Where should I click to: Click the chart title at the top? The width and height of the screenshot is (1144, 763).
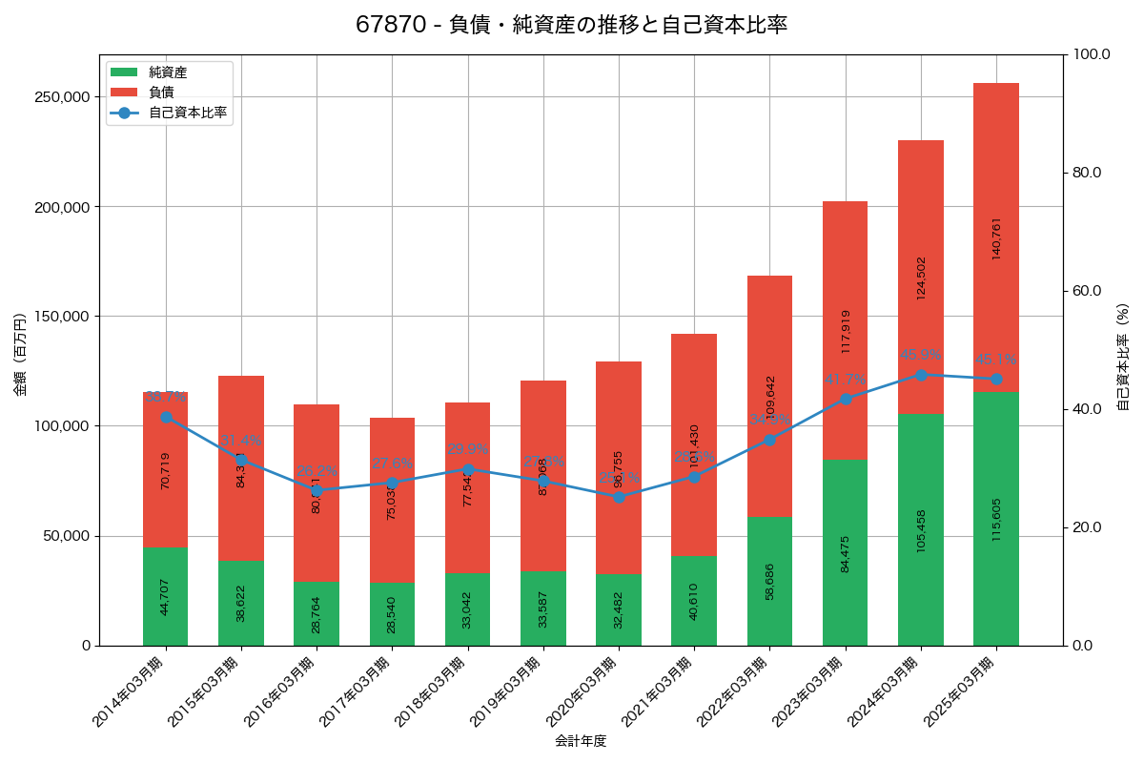571,25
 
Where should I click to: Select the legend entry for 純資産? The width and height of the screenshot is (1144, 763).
168,72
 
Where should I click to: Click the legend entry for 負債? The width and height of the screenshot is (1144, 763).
161,93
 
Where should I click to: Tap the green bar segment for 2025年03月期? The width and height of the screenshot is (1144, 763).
996,519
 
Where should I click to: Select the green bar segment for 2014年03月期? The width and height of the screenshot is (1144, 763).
166,596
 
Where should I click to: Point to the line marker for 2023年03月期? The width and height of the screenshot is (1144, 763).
846,399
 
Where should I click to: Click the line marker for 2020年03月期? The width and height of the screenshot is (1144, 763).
619,497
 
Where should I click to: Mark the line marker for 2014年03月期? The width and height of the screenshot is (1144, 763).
166,417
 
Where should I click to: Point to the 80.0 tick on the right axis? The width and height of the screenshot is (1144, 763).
1086,173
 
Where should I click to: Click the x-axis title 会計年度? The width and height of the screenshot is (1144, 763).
581,741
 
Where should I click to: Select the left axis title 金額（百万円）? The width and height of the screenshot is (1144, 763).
20,355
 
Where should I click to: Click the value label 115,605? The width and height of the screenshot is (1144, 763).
996,520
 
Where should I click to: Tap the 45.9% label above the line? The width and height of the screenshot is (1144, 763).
921,355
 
